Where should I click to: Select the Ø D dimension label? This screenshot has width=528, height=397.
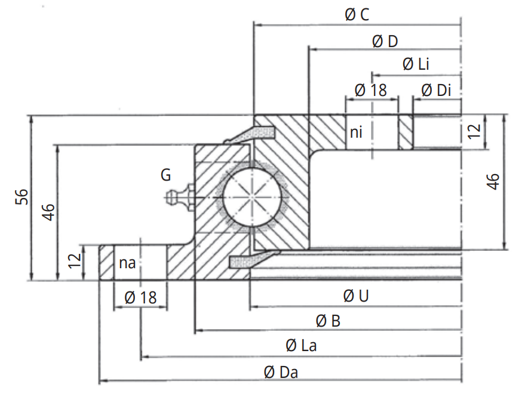pos(385,41)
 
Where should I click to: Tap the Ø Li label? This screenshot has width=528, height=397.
pos(416,64)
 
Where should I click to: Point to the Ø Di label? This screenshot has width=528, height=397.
pos(435,91)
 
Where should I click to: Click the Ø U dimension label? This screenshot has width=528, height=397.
pos(357,296)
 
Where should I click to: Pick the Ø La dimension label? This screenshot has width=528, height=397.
pos(301,346)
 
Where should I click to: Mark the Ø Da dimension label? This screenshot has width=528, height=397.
pos(281,372)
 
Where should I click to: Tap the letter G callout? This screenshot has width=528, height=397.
pos(165,175)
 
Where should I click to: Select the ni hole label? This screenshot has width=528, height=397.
pos(356,132)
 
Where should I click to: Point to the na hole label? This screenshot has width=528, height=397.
pos(127,263)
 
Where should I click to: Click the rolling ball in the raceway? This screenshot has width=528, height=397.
pos(254,197)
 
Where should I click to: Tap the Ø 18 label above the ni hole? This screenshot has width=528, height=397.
pos(370,91)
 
